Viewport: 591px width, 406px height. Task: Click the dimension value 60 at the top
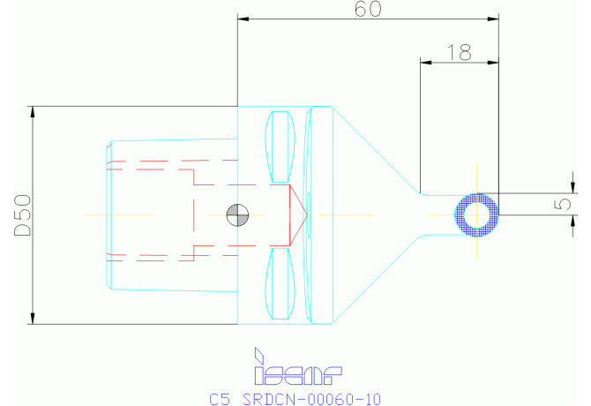click(368, 10)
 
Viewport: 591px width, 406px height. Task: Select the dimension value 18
click(459, 52)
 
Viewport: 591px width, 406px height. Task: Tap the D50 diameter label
click(23, 215)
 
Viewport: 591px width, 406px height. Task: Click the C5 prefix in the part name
click(221, 399)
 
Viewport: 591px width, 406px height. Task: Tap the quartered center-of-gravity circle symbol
click(236, 214)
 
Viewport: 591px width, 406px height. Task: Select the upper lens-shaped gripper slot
click(281, 145)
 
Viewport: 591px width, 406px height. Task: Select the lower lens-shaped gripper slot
click(281, 284)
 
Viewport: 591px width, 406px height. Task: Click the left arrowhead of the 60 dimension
click(243, 19)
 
